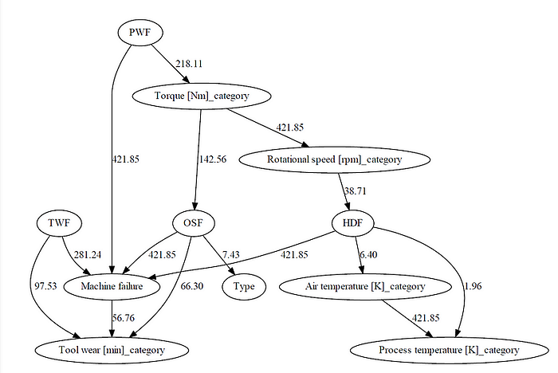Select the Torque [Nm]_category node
click(x=202, y=96)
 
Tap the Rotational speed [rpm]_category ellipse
click(x=334, y=159)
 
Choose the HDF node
click(x=353, y=222)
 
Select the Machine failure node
click(x=111, y=285)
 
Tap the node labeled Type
click(x=243, y=285)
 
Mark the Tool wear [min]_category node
click(x=111, y=349)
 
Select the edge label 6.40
click(x=370, y=254)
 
